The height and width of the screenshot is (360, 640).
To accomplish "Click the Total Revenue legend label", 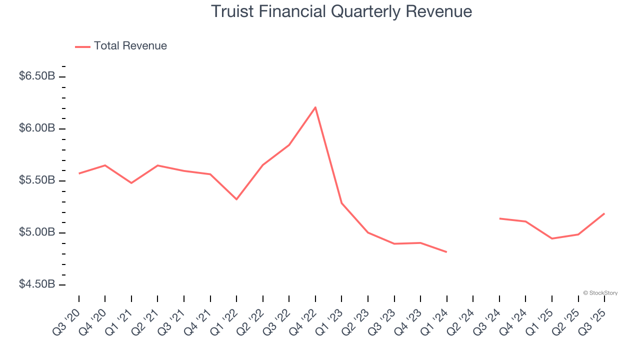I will tap(130, 46).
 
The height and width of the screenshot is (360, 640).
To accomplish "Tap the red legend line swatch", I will tap(82, 46).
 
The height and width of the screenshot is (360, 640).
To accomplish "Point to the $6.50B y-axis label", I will tap(37, 76).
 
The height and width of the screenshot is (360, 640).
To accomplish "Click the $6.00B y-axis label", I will tap(37, 128).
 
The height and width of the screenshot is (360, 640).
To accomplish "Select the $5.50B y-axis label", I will tap(37, 180).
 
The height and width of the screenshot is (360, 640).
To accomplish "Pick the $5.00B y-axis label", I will tap(37, 232).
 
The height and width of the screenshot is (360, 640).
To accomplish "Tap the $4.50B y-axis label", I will tap(37, 284).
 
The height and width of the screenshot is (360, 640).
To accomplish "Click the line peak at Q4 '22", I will tap(315, 107).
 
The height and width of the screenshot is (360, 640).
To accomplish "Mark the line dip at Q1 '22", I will tap(236, 199).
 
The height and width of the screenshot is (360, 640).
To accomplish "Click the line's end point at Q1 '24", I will tap(446, 252).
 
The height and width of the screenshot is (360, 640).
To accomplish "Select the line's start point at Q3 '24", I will tap(499, 218).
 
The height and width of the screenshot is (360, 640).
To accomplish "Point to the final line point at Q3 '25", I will tap(604, 213).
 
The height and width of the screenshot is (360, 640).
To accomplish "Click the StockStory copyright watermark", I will tap(600, 293).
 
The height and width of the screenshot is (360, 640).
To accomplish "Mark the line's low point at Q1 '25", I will tap(552, 238).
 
